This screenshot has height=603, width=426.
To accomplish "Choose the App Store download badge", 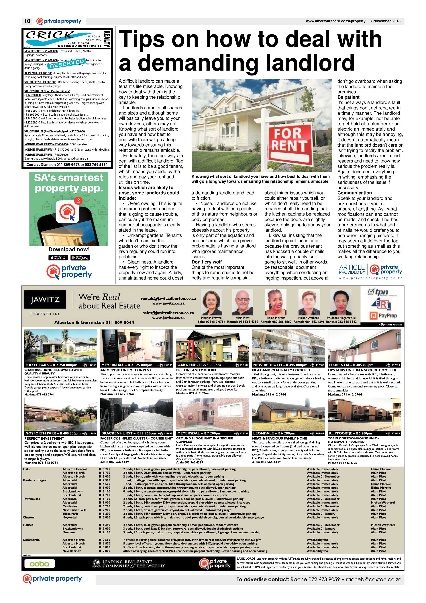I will [58, 258].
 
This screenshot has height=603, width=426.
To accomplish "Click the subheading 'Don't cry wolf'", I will [206, 262].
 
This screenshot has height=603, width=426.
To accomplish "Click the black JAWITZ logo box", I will [45, 299].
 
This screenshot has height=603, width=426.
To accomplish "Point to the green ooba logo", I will [39, 564].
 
